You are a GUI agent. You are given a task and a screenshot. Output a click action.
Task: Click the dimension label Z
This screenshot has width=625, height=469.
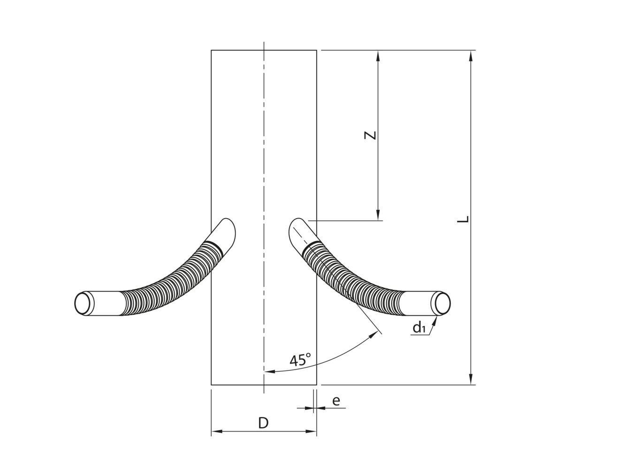[370, 135]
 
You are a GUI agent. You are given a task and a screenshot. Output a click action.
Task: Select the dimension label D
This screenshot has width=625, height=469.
[263, 423]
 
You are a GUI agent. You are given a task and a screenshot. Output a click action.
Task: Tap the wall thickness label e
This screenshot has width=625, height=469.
[336, 401]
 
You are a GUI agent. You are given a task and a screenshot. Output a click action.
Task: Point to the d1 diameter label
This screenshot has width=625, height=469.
[419, 327]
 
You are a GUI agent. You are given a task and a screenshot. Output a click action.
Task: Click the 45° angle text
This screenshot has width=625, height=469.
[300, 360]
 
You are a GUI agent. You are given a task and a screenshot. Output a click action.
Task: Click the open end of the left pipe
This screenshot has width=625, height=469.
[84, 303]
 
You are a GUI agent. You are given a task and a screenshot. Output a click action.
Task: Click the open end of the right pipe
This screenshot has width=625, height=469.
[441, 303]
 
